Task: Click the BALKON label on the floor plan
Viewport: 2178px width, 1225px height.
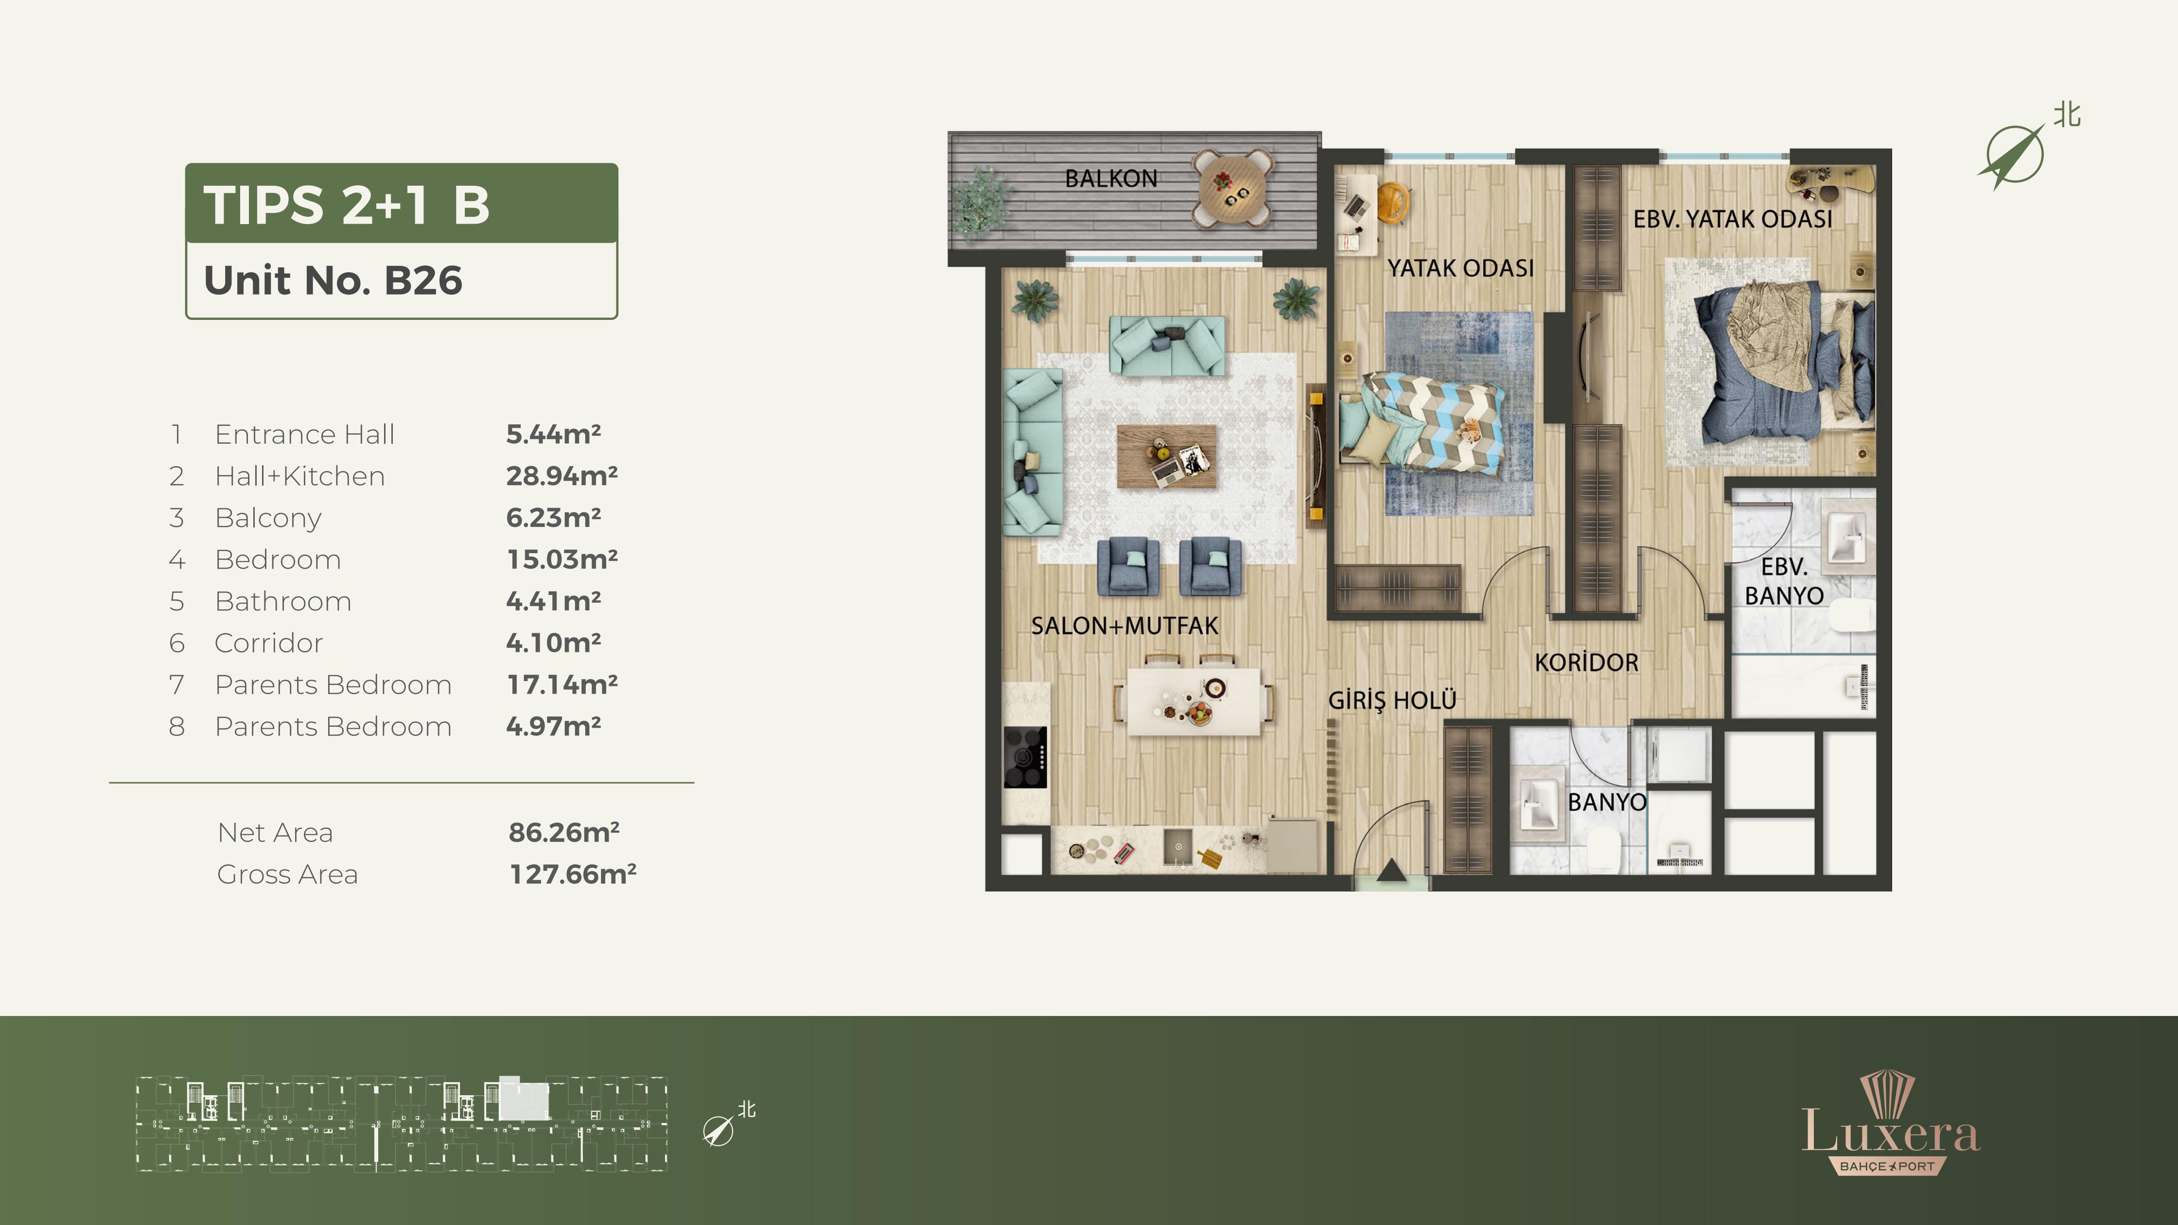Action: [x=1111, y=178]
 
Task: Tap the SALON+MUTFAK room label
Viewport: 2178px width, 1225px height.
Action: [x=1124, y=626]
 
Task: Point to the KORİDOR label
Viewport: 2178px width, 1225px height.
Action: [x=1586, y=662]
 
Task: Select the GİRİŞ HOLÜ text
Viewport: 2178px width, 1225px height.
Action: [x=1392, y=700]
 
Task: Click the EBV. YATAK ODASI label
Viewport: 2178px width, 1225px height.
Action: [x=1732, y=219]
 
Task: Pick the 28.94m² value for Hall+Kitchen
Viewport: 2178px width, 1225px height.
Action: [x=562, y=476]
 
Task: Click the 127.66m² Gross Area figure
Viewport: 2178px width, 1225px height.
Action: [x=572, y=874]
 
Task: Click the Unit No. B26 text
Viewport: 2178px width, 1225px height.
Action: [x=333, y=280]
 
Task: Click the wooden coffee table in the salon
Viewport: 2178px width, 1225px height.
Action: [x=1167, y=456]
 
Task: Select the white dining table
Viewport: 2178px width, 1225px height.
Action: [x=1194, y=701]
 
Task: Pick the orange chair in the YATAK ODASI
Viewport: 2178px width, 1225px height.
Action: [x=1392, y=203]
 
